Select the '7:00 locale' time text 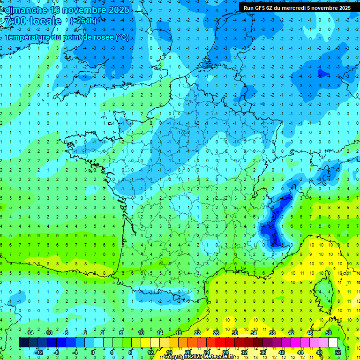tap(32, 21)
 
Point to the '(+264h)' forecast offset tap(83, 21)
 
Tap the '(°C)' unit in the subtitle tap(122, 37)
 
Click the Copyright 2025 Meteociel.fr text tap(200, 357)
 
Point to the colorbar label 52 tap(337, 352)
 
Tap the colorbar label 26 tap(216, 333)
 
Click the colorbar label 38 tap(272, 333)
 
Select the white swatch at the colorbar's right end tap(333, 343)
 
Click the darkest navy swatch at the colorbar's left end tap(23, 343)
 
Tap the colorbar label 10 tap(141, 333)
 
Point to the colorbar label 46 tap(310, 333)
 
